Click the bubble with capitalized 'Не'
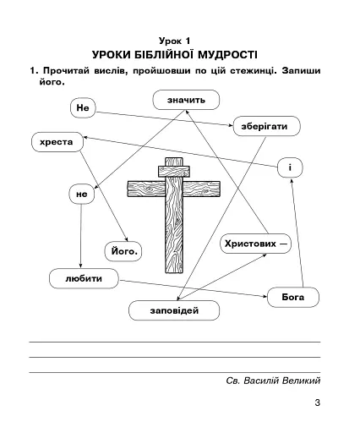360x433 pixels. [82, 109]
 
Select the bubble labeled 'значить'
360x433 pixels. [186, 101]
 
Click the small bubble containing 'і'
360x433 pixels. [289, 168]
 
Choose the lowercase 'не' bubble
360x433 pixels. [81, 195]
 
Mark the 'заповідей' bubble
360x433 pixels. [173, 311]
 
